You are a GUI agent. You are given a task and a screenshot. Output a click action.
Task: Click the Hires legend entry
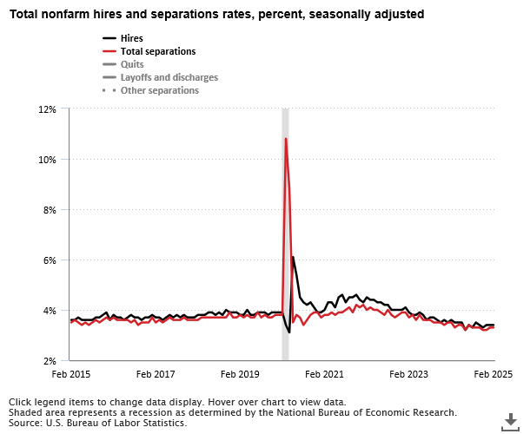click(x=131, y=39)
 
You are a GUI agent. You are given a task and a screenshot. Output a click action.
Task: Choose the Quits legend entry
click(x=131, y=64)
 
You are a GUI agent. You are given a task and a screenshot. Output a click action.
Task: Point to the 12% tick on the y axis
click(x=47, y=109)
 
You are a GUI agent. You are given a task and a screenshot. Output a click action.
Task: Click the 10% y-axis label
click(x=47, y=160)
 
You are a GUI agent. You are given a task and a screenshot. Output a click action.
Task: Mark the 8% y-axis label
click(x=50, y=210)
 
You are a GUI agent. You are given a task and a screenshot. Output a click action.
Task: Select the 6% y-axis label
click(x=50, y=260)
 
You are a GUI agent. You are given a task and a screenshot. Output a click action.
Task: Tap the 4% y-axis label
click(x=50, y=311)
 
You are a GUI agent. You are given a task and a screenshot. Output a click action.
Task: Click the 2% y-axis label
click(x=50, y=361)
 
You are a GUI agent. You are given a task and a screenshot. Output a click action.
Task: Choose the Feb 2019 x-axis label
click(x=240, y=374)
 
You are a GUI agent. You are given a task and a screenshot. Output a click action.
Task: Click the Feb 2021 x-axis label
click(x=325, y=374)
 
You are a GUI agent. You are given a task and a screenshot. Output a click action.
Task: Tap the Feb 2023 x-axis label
click(x=409, y=374)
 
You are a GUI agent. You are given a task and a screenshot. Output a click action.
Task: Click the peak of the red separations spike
click(x=285, y=139)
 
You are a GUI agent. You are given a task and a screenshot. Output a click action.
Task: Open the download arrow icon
click(x=511, y=421)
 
